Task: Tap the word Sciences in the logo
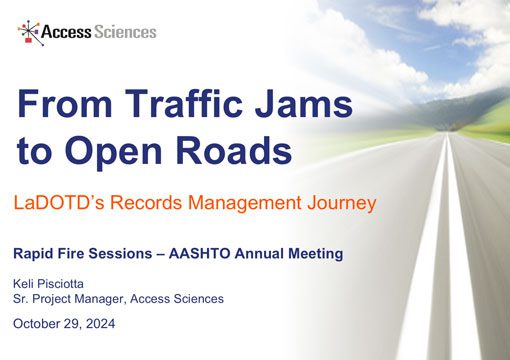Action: pyautogui.click(x=125, y=32)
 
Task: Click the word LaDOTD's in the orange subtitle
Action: pyautogui.click(x=54, y=203)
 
